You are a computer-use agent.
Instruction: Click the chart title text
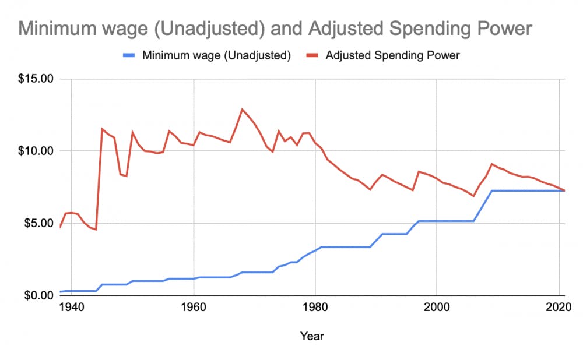point(276,29)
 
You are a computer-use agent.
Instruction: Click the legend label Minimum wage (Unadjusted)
point(216,56)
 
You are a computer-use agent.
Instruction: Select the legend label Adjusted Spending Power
point(393,56)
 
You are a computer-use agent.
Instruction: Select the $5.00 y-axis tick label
point(40,223)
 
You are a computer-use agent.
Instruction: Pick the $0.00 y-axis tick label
point(40,295)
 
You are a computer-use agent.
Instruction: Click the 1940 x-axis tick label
point(71,308)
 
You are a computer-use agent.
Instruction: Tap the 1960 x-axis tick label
point(193,308)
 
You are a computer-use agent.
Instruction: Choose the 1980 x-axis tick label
point(315,308)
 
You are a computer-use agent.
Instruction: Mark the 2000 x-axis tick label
point(437,308)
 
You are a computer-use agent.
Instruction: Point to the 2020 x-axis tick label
point(559,308)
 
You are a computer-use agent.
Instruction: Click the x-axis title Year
point(312,336)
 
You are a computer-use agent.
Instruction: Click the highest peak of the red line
point(242,109)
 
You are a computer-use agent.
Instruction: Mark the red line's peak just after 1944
point(102,129)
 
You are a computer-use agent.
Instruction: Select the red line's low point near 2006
point(473,196)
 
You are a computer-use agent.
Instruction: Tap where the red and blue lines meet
point(564,190)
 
